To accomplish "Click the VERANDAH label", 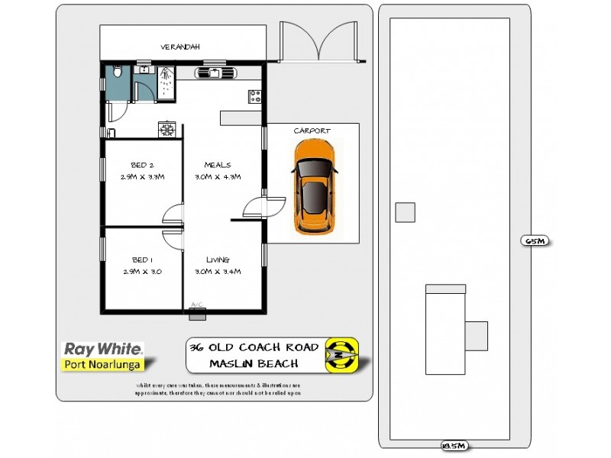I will (180, 47).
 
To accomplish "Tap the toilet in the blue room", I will (116, 74).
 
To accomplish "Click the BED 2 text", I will (143, 165).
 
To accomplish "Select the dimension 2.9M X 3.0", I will (143, 271).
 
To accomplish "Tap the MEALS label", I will (218, 165).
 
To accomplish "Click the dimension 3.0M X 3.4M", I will (218, 271).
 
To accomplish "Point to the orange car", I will (312, 187).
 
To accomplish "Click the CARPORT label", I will (312, 131).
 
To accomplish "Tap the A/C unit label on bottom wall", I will (197, 305).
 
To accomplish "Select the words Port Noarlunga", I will (104, 364).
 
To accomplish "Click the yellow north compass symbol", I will (341, 355).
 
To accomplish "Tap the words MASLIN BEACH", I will (254, 364).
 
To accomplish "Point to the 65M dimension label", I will (535, 241).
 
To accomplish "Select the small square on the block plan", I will (405, 211).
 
